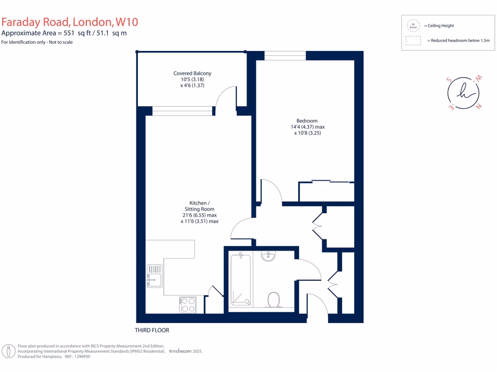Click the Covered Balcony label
tap(192, 73)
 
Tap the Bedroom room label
tap(307, 121)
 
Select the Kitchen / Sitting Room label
tap(199, 206)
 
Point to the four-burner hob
tap(187, 305)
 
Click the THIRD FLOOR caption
tap(152, 330)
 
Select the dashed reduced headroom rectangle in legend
tap(414, 41)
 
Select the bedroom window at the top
tap(285, 56)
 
